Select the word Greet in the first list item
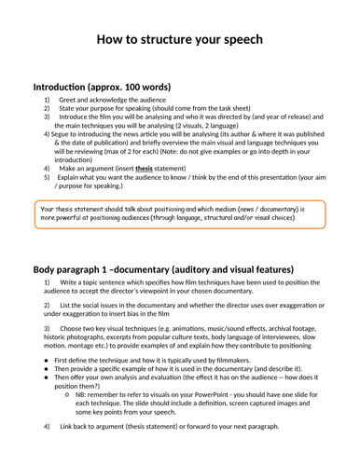(x=71, y=98)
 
